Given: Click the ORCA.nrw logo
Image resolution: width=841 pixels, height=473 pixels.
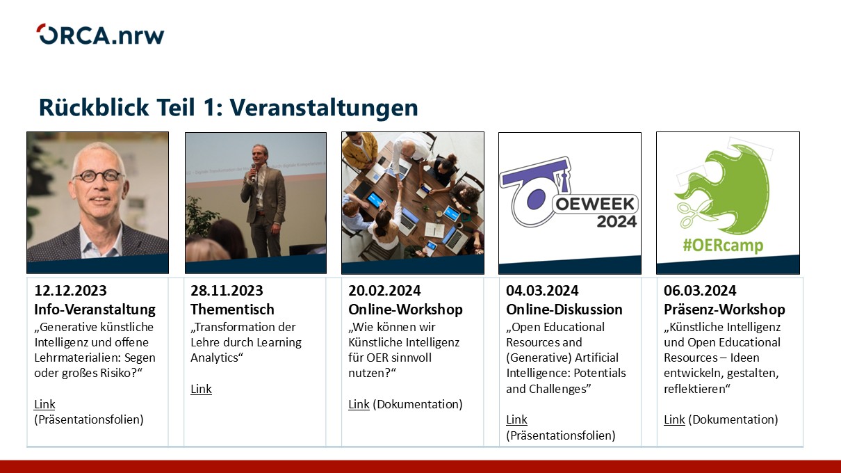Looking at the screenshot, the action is click(100, 35).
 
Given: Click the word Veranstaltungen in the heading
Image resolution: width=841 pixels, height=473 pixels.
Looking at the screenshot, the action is click(324, 107).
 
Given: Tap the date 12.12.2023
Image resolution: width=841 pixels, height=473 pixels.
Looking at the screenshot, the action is click(71, 291).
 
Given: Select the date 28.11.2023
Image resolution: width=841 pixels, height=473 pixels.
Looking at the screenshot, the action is click(227, 291).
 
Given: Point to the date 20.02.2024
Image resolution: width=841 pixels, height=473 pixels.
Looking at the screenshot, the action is click(384, 291).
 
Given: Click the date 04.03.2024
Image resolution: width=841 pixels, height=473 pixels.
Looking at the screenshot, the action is click(542, 291).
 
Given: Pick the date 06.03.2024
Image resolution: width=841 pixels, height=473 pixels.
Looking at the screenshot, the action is click(700, 291).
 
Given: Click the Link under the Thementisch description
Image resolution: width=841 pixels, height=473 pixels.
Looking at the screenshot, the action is click(201, 389).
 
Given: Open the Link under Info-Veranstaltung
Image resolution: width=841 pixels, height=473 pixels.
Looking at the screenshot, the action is click(44, 404).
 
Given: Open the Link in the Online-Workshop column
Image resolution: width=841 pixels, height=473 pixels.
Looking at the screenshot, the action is click(359, 404).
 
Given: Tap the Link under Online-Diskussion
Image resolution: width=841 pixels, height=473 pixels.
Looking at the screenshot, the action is click(516, 419).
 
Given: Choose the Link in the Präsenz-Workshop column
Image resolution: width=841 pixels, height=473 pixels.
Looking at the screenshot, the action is click(674, 419).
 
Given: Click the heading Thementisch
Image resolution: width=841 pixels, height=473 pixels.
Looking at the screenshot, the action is click(232, 310).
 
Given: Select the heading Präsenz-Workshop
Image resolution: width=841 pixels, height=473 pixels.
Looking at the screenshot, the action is click(724, 310).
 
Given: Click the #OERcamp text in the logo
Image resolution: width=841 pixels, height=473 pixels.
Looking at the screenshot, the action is click(723, 246).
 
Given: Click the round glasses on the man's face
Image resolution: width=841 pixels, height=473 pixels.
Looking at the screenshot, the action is click(99, 176).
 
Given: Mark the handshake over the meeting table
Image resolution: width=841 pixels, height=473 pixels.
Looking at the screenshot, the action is click(399, 186).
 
